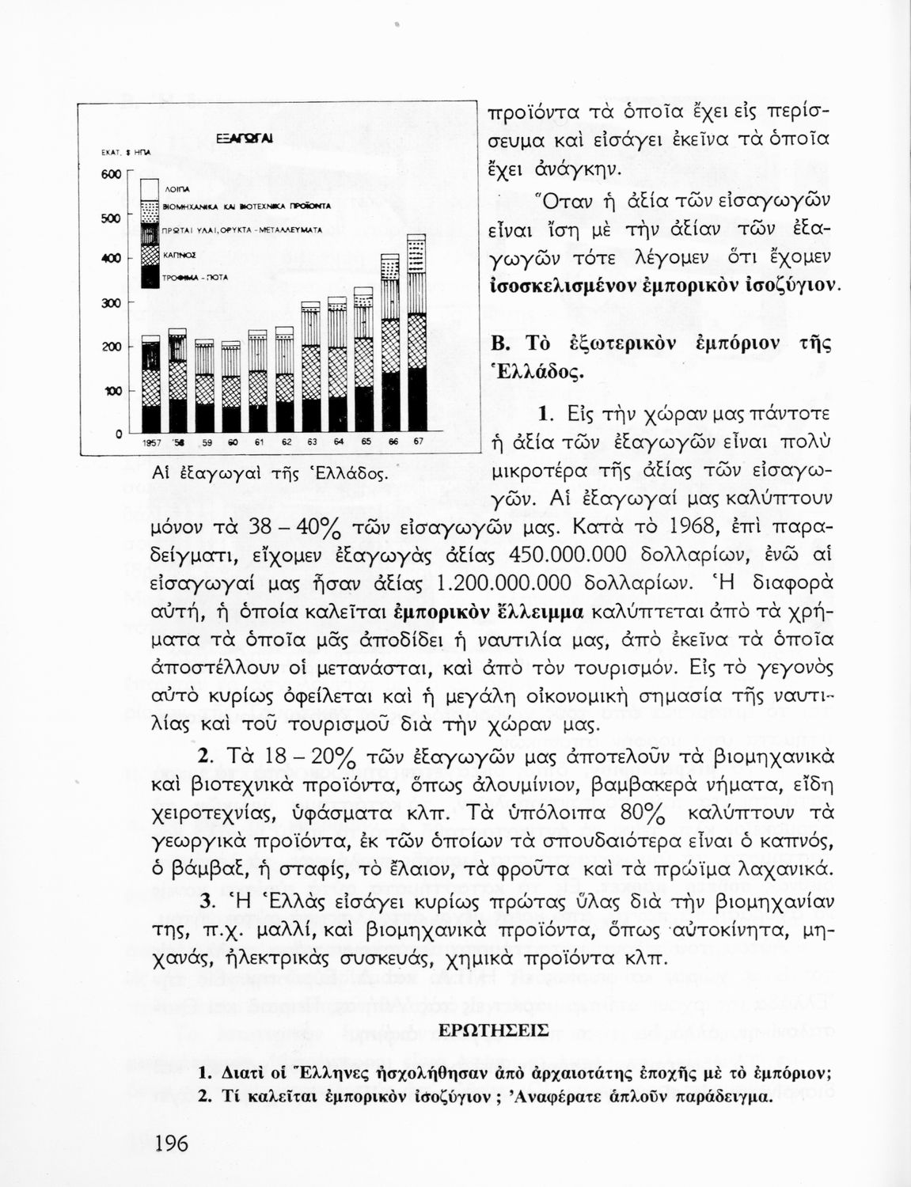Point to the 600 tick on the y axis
point(112,173)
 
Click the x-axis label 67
point(419,441)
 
